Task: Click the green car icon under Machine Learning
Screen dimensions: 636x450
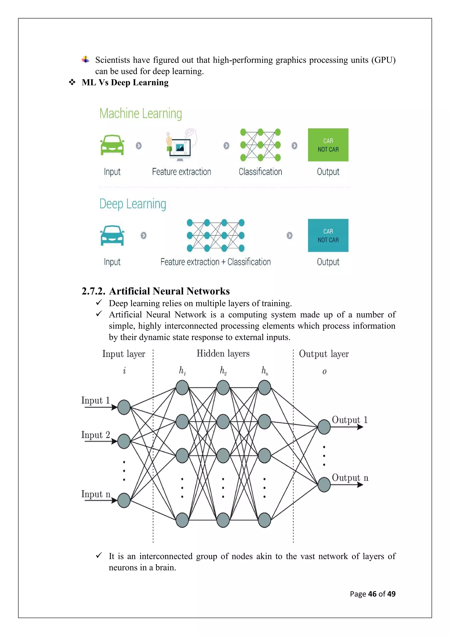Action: coord(112,145)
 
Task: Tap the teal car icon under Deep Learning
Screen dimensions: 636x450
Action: coord(112,235)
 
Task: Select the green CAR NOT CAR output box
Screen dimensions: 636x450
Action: coord(328,145)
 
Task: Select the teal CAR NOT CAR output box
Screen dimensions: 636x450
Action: coord(328,235)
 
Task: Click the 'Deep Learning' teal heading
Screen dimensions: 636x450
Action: coord(133,204)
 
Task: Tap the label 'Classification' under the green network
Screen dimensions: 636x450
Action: coord(260,172)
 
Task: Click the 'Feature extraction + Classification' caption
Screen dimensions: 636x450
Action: coord(216,262)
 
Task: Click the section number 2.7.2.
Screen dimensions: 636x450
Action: coord(93,291)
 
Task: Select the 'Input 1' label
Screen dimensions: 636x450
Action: coord(95,400)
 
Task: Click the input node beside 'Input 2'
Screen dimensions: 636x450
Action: coord(124,441)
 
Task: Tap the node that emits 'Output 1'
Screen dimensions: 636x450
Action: coord(324,427)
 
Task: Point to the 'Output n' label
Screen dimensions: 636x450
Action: coord(350,478)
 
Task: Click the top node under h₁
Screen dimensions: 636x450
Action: coord(182,388)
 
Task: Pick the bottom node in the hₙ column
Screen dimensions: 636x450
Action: coord(264,520)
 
